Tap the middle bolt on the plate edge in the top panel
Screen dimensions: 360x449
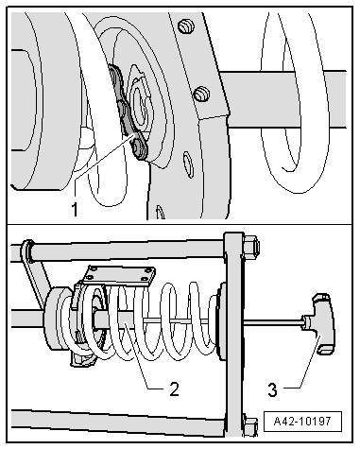point(200,94)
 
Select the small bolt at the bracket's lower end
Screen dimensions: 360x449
point(140,149)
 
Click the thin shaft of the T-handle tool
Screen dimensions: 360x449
point(274,327)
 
